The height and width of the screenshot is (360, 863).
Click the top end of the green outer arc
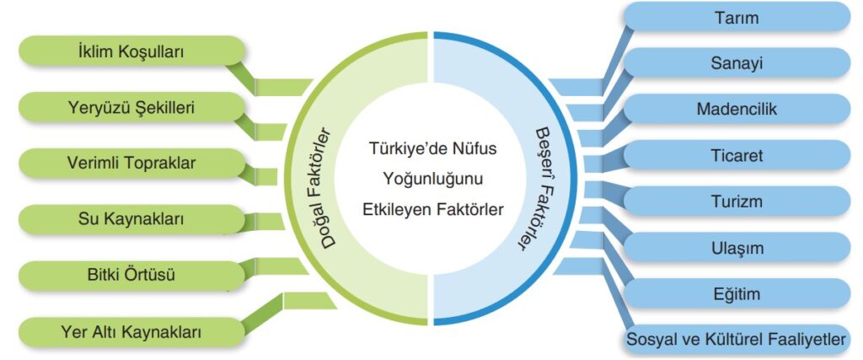point(427,35)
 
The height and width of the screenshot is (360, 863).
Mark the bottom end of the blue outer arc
point(435,323)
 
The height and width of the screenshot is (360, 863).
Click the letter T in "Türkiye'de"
point(373,149)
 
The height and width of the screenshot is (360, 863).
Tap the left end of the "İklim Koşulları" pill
point(20,51)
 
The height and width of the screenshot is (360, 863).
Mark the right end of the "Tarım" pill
point(851,17)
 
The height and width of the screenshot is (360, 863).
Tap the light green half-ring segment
point(357,179)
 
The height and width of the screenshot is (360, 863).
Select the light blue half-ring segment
point(506,179)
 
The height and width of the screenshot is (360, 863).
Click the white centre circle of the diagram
point(431,179)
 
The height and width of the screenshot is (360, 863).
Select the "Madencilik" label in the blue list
point(737,109)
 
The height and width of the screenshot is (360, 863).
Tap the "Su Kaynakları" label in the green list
point(131,220)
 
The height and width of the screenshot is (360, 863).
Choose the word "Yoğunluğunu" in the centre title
point(431,179)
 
